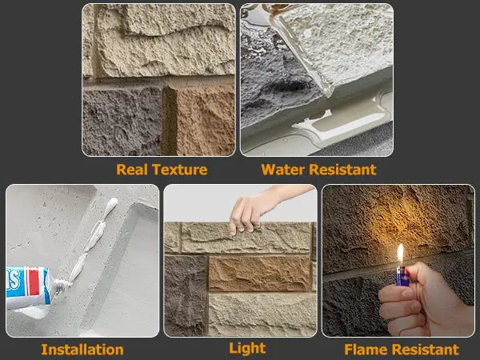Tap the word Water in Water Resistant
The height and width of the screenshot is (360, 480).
click(x=283, y=170)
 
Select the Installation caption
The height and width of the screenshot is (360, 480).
click(x=82, y=350)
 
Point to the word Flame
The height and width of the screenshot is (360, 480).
click(x=366, y=350)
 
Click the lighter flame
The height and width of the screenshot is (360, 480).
click(x=400, y=254)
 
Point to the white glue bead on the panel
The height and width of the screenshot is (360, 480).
click(x=96, y=240)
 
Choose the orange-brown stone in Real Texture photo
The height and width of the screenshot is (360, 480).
click(x=205, y=120)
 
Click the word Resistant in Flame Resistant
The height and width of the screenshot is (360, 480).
click(x=428, y=350)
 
